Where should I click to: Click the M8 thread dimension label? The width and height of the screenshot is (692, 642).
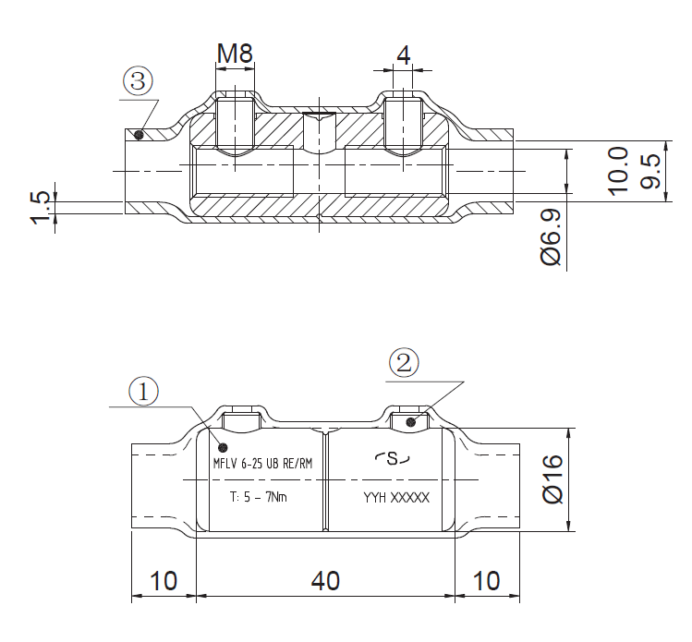(235, 53)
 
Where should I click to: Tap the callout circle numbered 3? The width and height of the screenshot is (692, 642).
(139, 81)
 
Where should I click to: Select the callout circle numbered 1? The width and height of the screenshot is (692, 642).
(143, 392)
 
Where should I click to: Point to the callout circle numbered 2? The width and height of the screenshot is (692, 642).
(404, 363)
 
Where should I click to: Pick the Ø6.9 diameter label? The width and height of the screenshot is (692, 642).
(551, 237)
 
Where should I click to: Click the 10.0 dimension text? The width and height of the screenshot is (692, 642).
(618, 171)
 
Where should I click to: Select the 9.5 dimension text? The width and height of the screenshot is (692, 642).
(650, 171)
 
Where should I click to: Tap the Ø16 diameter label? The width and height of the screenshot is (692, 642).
(552, 479)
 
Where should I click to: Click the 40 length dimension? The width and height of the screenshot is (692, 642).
(326, 581)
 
